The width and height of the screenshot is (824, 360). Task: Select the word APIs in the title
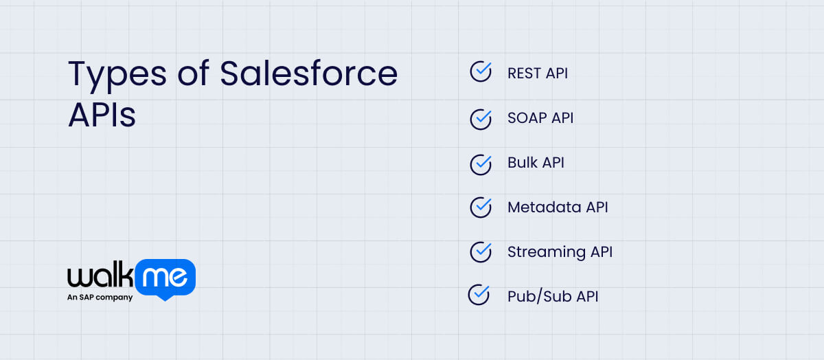102,115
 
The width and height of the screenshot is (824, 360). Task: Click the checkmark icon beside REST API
481,71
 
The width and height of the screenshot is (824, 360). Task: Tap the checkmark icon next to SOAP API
481,117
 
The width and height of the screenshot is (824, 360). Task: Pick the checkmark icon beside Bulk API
481,163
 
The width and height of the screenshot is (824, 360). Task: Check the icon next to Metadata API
481,207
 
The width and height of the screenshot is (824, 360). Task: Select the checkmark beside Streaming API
481,251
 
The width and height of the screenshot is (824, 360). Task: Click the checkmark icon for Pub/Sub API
479,295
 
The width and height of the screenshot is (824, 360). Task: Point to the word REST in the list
523,73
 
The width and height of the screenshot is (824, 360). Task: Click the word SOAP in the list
526,117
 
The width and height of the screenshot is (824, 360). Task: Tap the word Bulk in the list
522,163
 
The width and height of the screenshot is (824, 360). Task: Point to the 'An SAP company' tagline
100,297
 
